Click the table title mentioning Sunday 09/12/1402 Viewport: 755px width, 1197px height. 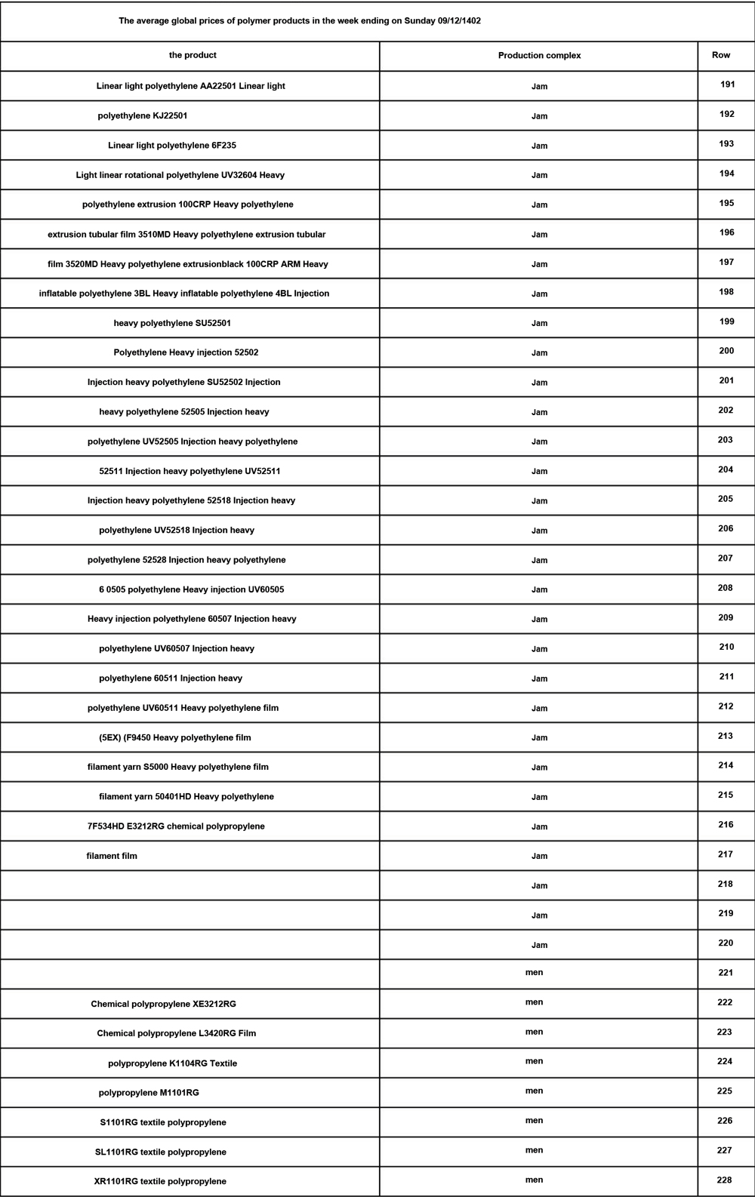(x=300, y=21)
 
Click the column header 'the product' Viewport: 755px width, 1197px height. (x=193, y=55)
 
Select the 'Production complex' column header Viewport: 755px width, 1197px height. (x=539, y=56)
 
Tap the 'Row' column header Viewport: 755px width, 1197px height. (x=721, y=55)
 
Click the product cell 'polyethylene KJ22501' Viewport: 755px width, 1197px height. (x=143, y=115)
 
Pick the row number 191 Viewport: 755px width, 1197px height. (x=727, y=85)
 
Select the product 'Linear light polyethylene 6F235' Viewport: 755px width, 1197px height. (x=172, y=145)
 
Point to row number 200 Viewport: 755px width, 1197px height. (x=726, y=351)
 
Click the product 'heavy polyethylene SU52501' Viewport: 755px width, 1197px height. (x=172, y=323)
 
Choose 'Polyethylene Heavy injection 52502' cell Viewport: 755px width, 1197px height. (x=186, y=352)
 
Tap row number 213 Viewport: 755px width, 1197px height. (x=726, y=736)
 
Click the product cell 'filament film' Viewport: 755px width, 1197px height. (x=112, y=856)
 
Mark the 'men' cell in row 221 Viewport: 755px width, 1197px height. (x=534, y=973)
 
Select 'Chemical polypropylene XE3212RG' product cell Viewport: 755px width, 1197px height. (x=163, y=1004)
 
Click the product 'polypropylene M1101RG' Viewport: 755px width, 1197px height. (x=149, y=1093)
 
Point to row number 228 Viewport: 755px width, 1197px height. (x=725, y=1180)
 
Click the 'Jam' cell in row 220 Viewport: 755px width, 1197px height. (x=539, y=945)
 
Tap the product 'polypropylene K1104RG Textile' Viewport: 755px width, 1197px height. (x=172, y=1063)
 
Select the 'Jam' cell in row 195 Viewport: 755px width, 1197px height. (x=539, y=205)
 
